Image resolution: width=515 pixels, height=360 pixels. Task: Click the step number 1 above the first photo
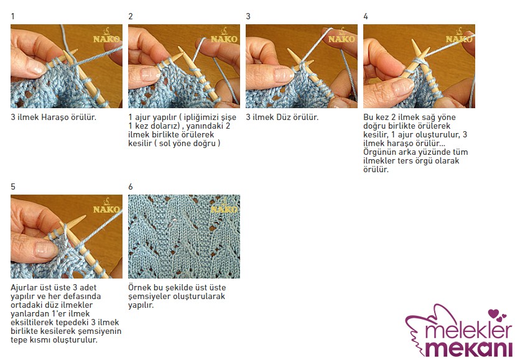pyautogui.click(x=12, y=16)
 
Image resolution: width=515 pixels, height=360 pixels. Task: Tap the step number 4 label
pyautogui.click(x=366, y=16)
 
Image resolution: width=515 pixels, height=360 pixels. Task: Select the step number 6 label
pyautogui.click(x=131, y=187)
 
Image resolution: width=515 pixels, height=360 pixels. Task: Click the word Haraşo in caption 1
pyautogui.click(x=54, y=118)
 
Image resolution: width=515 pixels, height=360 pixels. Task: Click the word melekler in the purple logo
pyautogui.click(x=468, y=330)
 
